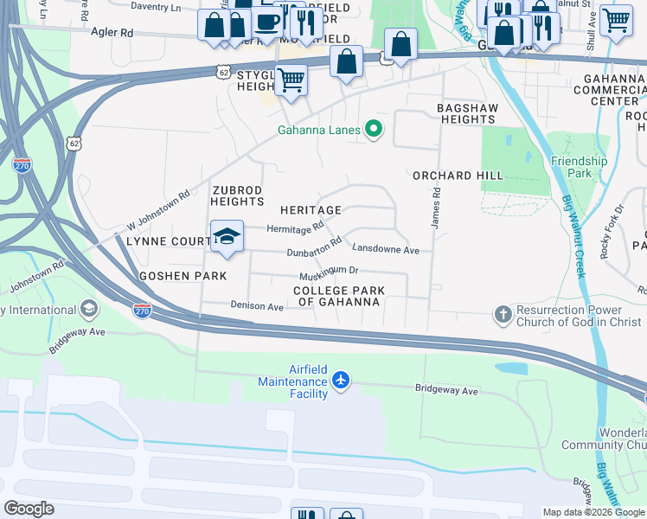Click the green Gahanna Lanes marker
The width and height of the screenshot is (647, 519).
click(x=374, y=131)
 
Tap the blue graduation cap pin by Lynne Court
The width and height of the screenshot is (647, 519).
click(x=227, y=236)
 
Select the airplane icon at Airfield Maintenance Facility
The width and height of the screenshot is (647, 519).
click(x=342, y=380)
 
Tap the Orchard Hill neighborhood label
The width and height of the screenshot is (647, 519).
click(x=458, y=176)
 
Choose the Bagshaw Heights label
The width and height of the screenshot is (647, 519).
click(x=466, y=112)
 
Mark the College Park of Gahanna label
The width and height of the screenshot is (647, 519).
click(x=337, y=296)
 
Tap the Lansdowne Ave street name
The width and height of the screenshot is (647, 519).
click(x=385, y=250)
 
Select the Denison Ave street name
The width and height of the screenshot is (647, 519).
click(x=257, y=306)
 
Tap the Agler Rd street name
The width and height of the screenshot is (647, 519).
click(x=112, y=32)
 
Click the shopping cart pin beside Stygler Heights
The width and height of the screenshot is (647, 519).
click(x=291, y=80)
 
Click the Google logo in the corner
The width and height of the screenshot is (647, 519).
click(x=29, y=509)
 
